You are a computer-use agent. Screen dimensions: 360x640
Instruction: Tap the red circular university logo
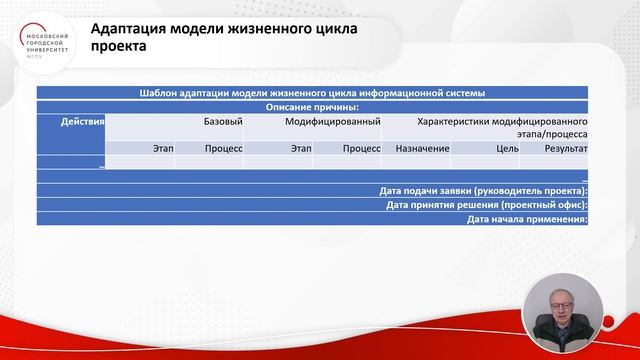(44, 42)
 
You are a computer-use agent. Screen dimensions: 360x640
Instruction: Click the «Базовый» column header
(223, 121)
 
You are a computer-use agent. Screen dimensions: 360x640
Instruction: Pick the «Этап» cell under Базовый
(164, 148)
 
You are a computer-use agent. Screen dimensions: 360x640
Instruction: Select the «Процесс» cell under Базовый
(224, 148)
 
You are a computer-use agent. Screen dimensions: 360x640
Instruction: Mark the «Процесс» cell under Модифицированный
(361, 148)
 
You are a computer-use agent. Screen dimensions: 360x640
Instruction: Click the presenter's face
(564, 299)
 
